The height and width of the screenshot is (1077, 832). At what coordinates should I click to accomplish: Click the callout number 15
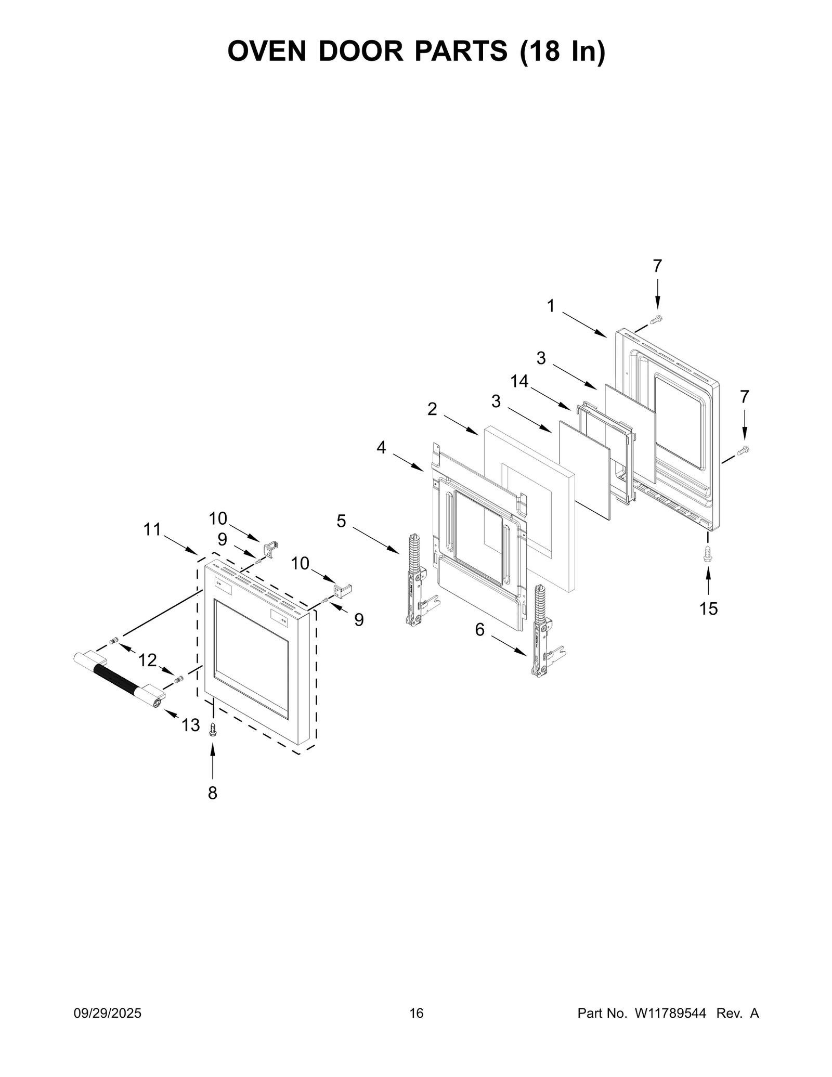point(708,608)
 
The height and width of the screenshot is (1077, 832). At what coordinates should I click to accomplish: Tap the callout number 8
point(212,793)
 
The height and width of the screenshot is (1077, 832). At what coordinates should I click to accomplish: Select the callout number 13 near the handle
point(190,724)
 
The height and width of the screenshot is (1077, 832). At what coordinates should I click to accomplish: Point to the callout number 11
point(152,529)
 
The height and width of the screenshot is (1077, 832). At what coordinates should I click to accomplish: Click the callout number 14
point(519,381)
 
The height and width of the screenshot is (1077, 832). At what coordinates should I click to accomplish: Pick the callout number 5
point(341,521)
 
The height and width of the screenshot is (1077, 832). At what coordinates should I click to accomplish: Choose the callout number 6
point(479,630)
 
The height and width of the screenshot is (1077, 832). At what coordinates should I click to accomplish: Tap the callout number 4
point(382,447)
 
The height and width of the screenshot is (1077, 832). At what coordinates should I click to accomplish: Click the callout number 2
point(432,409)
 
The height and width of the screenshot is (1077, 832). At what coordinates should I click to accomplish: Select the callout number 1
point(551,306)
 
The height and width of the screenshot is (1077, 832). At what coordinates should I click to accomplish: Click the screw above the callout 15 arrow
point(708,553)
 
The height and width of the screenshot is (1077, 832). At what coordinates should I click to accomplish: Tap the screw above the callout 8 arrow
point(212,730)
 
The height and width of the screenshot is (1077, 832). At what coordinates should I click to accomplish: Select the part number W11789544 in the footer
point(669,1013)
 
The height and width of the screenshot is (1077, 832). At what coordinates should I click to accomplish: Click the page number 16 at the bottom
point(417,1013)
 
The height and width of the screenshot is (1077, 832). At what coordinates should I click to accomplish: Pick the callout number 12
point(148,660)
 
